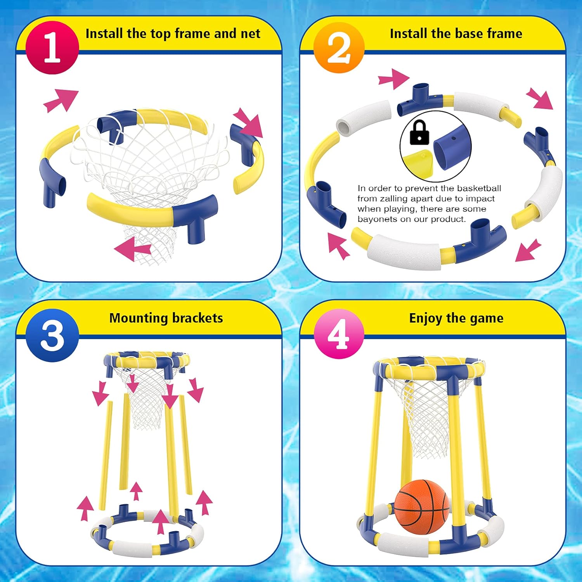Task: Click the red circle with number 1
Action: pos(52,47)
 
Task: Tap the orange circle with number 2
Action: pos(339,47)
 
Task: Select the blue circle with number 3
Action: pos(52,335)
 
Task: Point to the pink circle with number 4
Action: pos(339,334)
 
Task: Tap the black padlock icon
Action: pos(419,133)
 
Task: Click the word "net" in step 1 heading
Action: pos(250,34)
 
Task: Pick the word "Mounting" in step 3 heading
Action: pos(139,319)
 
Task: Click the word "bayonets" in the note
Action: pos(375,219)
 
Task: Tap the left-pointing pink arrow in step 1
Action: pos(133,249)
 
